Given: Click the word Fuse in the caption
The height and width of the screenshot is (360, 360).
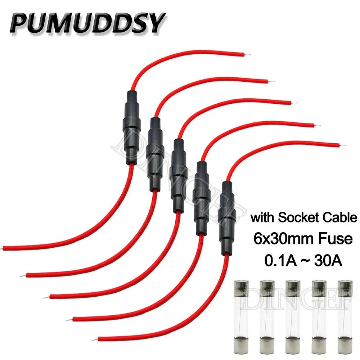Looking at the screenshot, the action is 335,239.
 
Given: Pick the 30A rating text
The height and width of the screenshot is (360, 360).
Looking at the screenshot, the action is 328,261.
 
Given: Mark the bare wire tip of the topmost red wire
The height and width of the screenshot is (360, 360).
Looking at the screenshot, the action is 248,55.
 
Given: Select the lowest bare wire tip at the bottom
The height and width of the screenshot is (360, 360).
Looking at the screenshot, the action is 94,340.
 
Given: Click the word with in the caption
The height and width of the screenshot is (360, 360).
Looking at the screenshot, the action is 263,217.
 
